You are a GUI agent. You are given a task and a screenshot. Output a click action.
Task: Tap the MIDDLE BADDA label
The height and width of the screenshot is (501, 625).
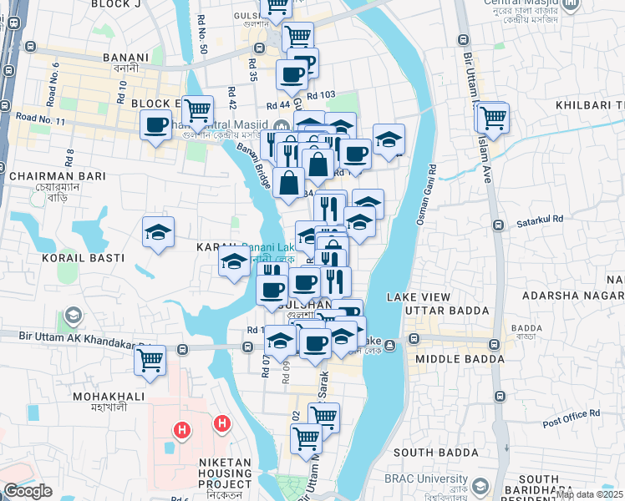460,359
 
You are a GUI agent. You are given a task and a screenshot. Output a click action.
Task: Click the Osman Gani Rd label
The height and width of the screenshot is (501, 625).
427,192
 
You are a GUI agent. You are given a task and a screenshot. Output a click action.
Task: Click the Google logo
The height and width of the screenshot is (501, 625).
28,491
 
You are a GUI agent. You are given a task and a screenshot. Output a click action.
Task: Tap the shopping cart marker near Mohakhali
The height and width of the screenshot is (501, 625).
150,361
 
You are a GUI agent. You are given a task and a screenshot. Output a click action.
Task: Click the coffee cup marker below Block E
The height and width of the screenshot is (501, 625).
155,126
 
